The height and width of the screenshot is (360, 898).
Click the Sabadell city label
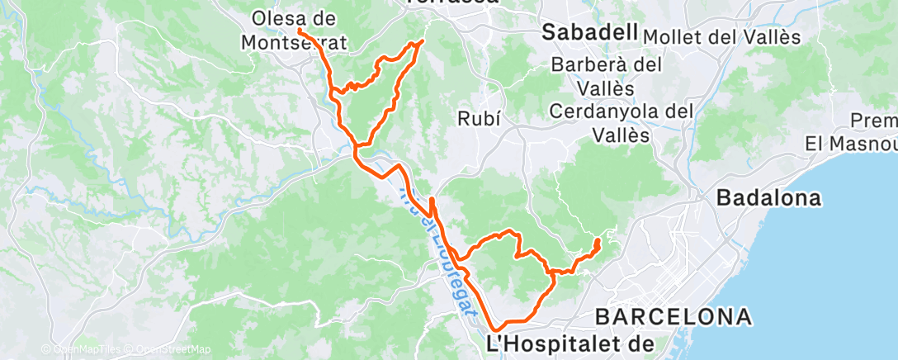[590, 33]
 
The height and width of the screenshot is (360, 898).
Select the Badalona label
[769, 198]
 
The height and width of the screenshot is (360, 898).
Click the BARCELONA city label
[673, 316]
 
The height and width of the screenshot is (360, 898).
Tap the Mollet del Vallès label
[721, 37]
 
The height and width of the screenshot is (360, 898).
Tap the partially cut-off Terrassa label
[451, 2]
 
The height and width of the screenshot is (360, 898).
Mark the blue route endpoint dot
[598, 242]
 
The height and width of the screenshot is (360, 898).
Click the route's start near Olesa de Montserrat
[298, 31]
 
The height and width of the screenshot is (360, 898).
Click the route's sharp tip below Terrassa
[423, 40]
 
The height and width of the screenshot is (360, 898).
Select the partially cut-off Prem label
[873, 121]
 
